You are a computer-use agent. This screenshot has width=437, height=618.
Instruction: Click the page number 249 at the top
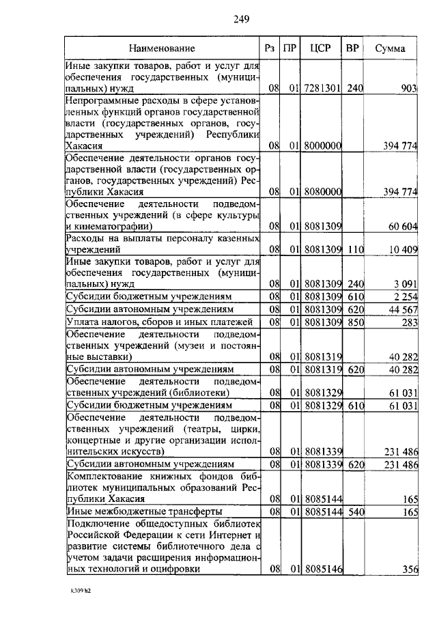coord(240,18)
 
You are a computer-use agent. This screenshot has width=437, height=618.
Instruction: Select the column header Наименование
coord(162,48)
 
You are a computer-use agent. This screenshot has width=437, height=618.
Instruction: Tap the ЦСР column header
coord(320,48)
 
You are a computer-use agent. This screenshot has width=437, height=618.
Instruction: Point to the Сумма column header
coord(390,48)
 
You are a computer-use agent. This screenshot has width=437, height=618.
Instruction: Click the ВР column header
coord(352,48)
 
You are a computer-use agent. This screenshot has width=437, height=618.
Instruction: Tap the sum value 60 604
coord(403,225)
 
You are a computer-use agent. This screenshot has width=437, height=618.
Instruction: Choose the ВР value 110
coord(353,250)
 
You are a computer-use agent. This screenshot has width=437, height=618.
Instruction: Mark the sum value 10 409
coord(403,250)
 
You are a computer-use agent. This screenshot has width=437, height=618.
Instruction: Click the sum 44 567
coord(403,309)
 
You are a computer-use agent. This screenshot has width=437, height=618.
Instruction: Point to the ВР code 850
coord(353,322)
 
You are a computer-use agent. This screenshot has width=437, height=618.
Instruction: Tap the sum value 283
coord(408,322)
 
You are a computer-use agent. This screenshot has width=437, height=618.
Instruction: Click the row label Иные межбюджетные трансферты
coord(143,511)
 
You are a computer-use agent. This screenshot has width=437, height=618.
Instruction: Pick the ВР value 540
coord(353,511)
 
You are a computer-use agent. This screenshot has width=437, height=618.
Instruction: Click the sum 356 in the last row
coord(408,569)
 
